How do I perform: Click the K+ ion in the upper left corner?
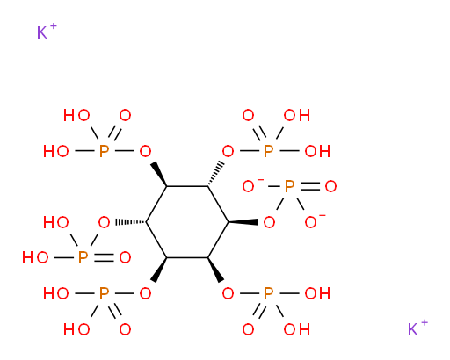point(47,32)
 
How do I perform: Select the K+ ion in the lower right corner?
point(417,328)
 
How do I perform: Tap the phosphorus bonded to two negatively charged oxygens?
point(289,186)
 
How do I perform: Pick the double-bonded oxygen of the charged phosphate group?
point(330,186)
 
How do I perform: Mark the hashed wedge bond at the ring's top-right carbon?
point(216,174)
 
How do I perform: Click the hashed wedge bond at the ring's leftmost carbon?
point(131,222)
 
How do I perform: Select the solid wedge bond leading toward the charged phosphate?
point(243,222)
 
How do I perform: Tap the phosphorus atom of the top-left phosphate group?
point(104,151)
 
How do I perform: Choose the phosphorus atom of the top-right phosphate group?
point(268,151)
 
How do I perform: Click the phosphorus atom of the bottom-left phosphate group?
point(104,293)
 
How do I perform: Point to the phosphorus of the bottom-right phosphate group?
point(268,293)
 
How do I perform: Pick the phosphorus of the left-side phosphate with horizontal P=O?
point(83,257)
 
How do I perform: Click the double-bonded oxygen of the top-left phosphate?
point(125,115)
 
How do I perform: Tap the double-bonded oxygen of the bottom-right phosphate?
point(248,329)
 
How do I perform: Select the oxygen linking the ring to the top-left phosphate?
point(145,151)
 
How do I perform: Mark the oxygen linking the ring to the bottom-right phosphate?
point(228,293)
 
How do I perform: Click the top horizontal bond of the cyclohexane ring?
point(187,186)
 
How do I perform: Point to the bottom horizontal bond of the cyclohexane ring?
point(187,257)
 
